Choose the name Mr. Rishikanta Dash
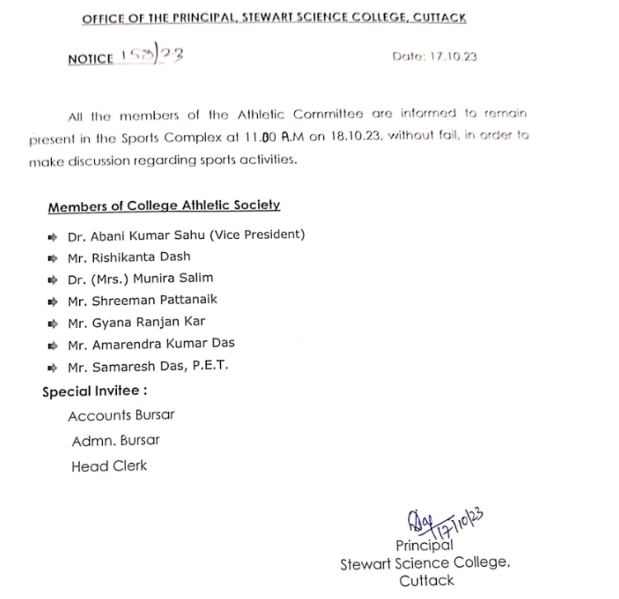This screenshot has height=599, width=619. (129, 257)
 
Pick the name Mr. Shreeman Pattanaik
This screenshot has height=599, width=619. (143, 301)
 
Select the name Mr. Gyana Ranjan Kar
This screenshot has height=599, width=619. (136, 322)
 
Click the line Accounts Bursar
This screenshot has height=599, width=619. (121, 415)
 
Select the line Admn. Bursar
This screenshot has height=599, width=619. (115, 440)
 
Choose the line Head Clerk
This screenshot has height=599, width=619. (109, 466)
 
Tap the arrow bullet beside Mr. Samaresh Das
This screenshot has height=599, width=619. (52, 367)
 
